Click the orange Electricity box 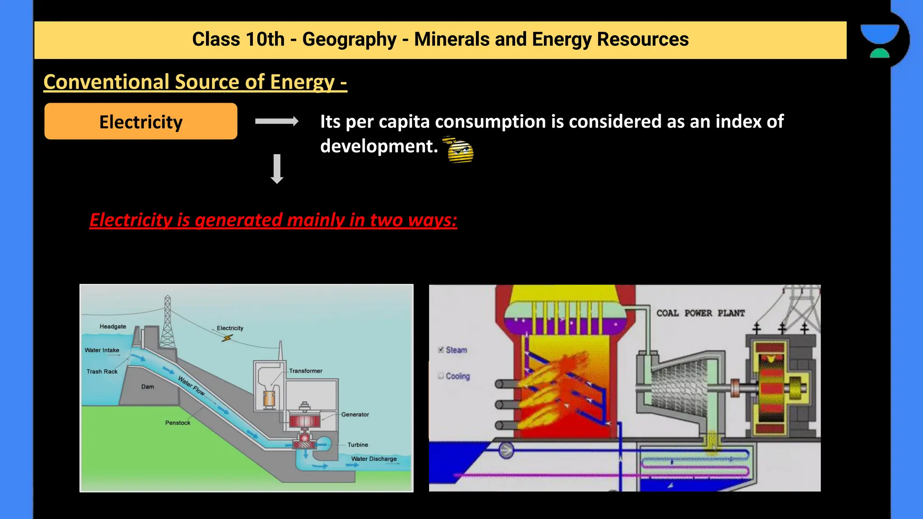(x=141, y=121)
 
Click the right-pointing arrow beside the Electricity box (x=276, y=121)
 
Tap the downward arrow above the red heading (x=277, y=168)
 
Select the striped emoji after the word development (x=459, y=150)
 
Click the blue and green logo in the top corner (x=879, y=41)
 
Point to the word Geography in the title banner (x=349, y=40)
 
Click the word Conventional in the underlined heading (x=106, y=82)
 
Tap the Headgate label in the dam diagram (x=113, y=327)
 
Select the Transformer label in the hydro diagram (x=306, y=371)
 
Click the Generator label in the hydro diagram (x=355, y=414)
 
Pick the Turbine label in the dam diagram (x=357, y=445)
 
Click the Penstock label (x=178, y=423)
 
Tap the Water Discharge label (x=374, y=459)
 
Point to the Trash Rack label (x=102, y=372)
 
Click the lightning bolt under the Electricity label (x=227, y=338)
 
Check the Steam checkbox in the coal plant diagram (x=441, y=350)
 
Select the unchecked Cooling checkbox (x=441, y=376)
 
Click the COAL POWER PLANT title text (x=700, y=313)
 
